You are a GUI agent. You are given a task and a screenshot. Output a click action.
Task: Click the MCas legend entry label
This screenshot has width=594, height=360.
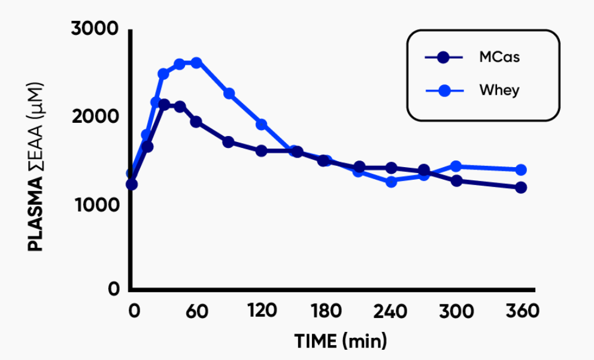click(499, 58)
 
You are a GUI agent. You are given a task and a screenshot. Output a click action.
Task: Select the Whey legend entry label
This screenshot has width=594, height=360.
click(499, 90)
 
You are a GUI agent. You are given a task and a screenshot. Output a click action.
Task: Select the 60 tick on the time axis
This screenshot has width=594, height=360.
click(196, 311)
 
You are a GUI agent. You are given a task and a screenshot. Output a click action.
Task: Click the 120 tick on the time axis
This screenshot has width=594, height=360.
click(262, 311)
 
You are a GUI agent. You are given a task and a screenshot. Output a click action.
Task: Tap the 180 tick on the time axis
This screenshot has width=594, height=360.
click(326, 311)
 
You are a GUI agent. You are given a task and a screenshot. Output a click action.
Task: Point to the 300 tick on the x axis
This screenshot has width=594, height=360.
click(456, 311)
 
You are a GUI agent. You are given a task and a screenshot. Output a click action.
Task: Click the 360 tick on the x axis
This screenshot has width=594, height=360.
click(522, 311)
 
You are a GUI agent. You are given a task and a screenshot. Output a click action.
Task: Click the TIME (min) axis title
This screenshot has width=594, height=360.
click(341, 341)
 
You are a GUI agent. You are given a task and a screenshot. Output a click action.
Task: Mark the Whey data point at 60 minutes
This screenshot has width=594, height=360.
click(196, 62)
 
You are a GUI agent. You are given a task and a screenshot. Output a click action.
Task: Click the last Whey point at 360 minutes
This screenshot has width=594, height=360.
click(521, 170)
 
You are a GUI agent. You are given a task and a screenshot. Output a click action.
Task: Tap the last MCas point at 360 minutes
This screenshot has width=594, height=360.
click(521, 187)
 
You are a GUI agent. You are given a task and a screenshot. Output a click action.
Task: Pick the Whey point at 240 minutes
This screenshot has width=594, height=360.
click(392, 181)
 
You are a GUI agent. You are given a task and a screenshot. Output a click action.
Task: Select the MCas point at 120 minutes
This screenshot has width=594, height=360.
click(262, 150)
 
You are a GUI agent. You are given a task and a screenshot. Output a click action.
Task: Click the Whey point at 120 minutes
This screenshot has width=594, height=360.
click(262, 124)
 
